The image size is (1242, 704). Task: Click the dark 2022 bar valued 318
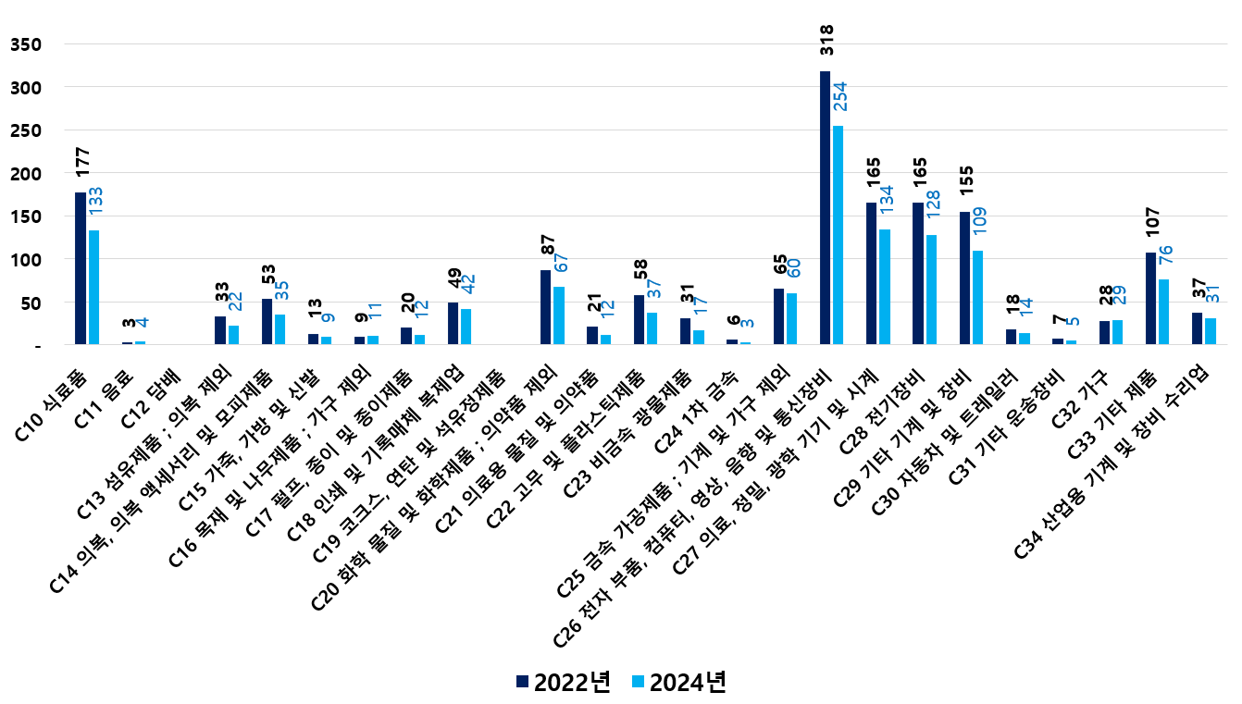[825, 208]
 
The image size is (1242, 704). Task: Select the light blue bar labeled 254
[838, 235]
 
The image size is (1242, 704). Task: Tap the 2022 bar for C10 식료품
[81, 268]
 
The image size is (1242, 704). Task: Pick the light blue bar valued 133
[93, 287]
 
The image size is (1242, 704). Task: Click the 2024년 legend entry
[677, 682]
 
